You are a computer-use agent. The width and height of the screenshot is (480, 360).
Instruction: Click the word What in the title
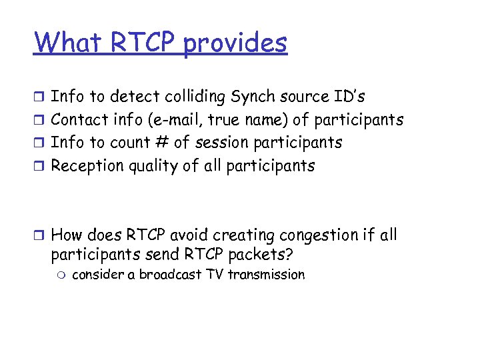click(x=67, y=43)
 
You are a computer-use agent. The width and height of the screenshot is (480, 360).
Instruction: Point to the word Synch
click(x=252, y=97)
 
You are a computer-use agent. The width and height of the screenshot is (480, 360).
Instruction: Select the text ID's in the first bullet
click(x=349, y=97)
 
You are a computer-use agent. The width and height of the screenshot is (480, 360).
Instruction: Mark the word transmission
click(x=266, y=275)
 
